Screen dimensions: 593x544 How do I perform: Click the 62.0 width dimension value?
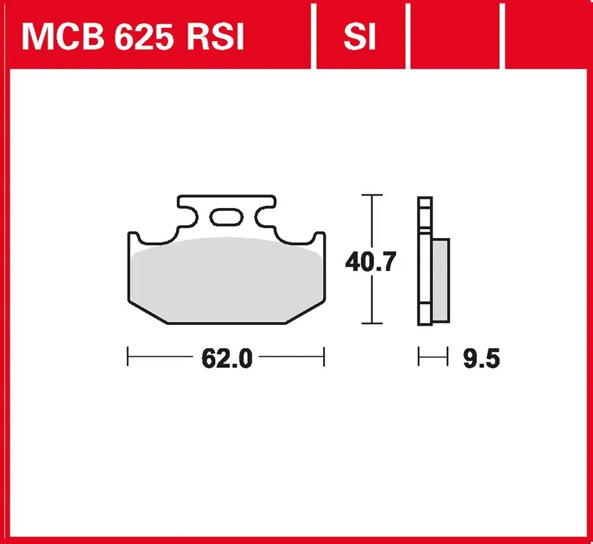[227, 358]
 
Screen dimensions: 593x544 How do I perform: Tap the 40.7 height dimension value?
[371, 261]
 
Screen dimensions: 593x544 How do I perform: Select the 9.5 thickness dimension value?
[481, 358]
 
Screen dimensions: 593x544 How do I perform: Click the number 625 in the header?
[144, 37]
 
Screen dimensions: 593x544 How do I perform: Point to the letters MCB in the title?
[63, 37]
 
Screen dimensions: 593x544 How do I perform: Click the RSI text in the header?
[216, 37]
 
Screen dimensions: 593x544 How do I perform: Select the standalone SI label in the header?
[359, 37]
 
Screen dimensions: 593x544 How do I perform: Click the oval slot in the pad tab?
[226, 217]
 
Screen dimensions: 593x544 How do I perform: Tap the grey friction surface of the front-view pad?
[226, 279]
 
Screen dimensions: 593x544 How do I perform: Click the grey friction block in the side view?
[441, 280]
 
